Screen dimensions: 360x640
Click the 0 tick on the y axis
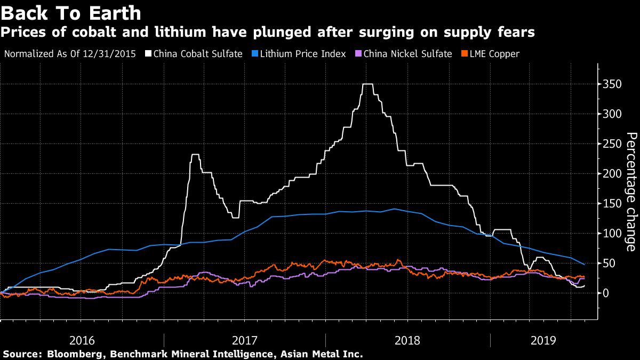coord(606,293)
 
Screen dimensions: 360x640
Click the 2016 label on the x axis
coord(82,340)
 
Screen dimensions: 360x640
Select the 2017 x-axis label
coord(246,340)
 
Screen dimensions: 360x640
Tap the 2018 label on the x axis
coord(409,340)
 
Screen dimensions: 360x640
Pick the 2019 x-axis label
coord(544,340)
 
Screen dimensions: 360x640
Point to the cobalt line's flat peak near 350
coord(367,84)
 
